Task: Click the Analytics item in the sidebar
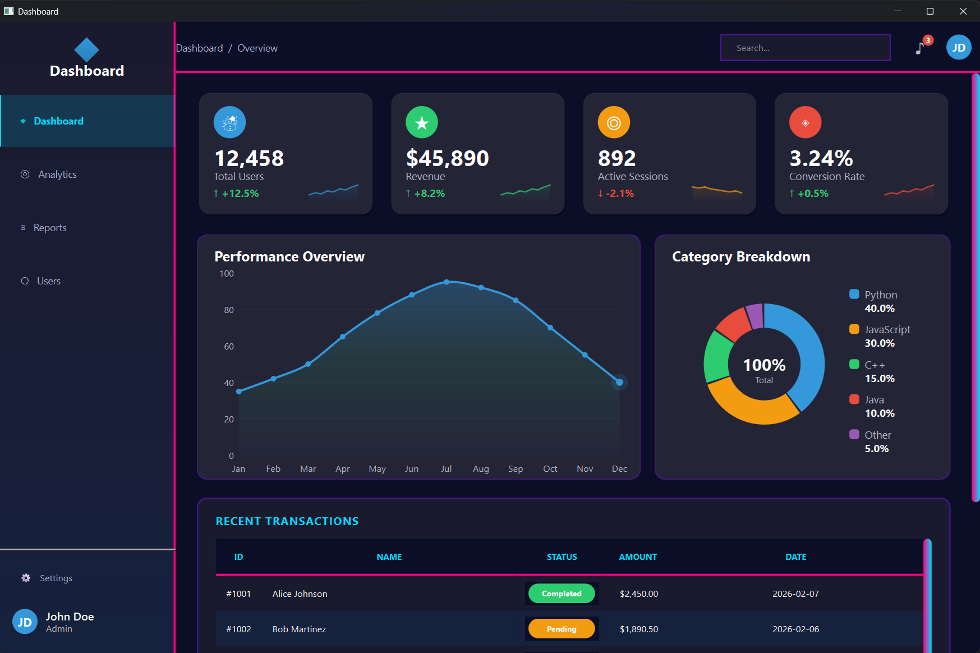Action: click(57, 174)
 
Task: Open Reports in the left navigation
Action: click(49, 228)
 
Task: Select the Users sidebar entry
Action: click(48, 281)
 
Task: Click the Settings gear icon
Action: click(26, 578)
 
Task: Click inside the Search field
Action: click(804, 48)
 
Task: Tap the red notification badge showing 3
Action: click(928, 40)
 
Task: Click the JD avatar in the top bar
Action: click(958, 48)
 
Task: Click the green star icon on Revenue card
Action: click(422, 122)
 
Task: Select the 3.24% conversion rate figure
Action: click(821, 159)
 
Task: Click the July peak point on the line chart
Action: click(447, 282)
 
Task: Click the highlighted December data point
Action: click(619, 383)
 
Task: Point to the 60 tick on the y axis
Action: click(229, 347)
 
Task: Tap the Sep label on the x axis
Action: click(516, 469)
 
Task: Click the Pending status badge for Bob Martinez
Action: click(562, 629)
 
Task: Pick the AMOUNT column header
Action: click(638, 557)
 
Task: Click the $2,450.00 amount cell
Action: click(639, 594)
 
